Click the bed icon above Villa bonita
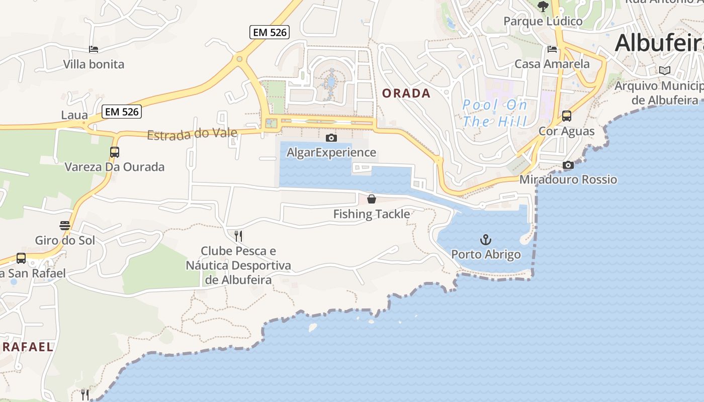[x=94, y=49]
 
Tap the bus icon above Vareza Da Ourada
[x=115, y=152]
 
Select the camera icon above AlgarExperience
[x=331, y=138]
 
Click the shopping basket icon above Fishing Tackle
[x=372, y=199]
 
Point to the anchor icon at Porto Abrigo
[x=486, y=239]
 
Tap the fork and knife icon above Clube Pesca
[x=238, y=236]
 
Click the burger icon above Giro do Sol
[x=65, y=225]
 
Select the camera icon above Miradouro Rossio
[x=568, y=165]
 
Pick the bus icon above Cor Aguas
[x=567, y=116]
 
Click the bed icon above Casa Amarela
[x=552, y=49]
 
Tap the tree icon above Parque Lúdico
[x=543, y=7]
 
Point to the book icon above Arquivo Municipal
[x=665, y=71]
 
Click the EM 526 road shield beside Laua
[x=122, y=112]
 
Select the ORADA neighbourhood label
[x=406, y=93]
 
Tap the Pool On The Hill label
[x=495, y=113]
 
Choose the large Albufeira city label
[x=659, y=43]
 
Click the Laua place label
[x=74, y=115]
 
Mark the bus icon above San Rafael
[x=21, y=258]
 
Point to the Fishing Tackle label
[x=372, y=214]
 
